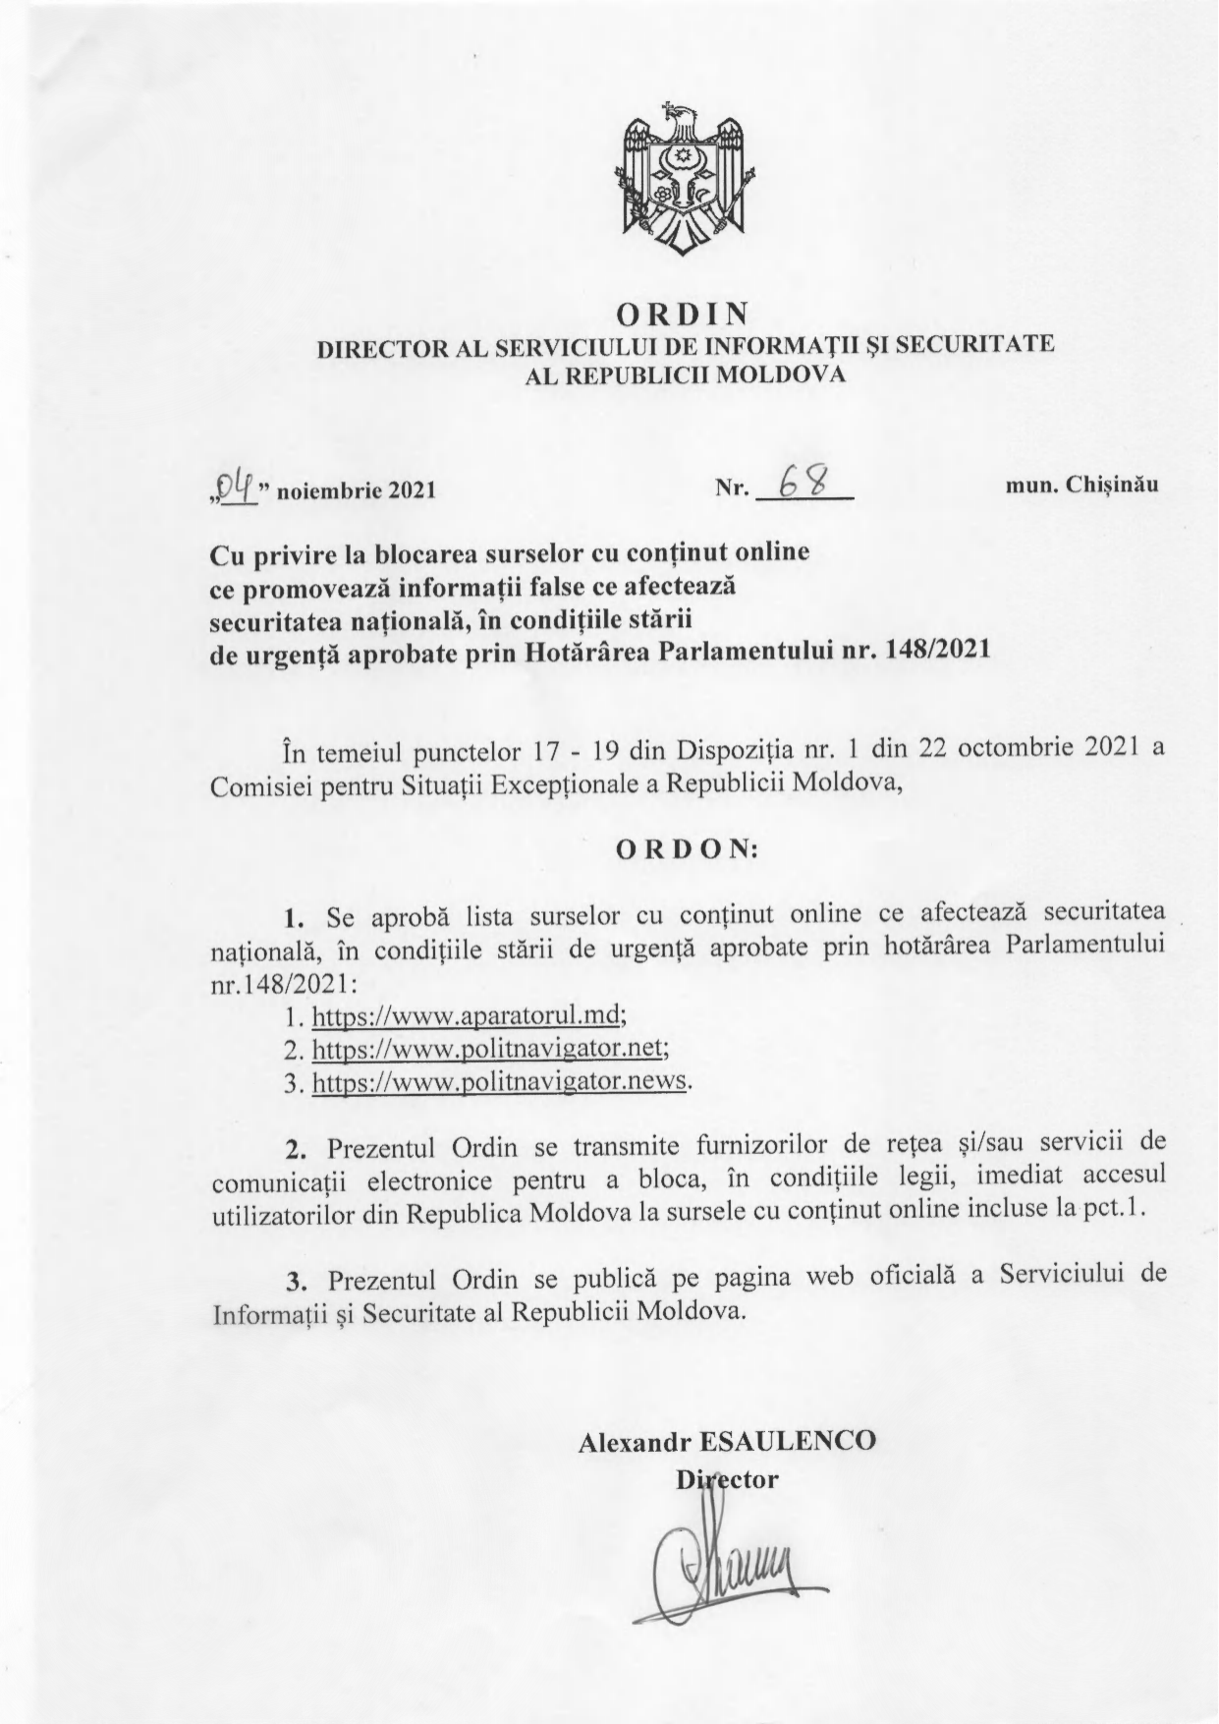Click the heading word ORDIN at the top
pyautogui.click(x=683, y=314)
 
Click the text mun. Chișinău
pyautogui.click(x=1081, y=485)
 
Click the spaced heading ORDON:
pyautogui.click(x=687, y=850)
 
